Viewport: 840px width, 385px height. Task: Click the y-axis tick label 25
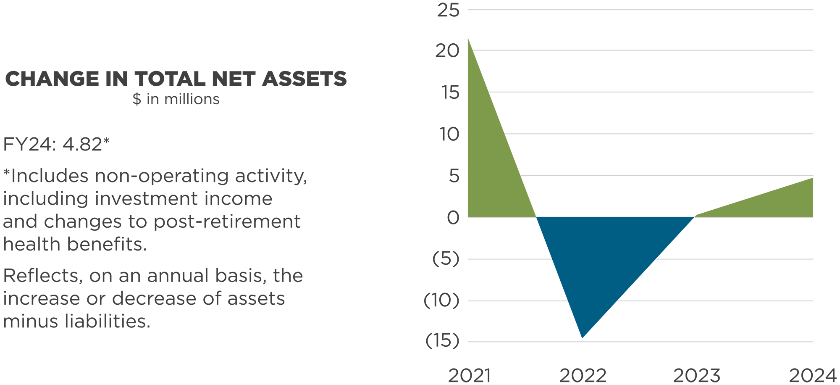point(448,11)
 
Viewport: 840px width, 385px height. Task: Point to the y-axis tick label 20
point(447,51)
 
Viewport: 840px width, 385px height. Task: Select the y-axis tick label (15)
point(442,341)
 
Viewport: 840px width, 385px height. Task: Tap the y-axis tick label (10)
point(441,301)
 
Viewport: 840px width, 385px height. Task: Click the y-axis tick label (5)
point(446,259)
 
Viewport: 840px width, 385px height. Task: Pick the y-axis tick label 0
point(453,218)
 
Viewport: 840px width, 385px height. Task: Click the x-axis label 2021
point(469,375)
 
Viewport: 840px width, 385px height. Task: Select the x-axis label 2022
point(583,375)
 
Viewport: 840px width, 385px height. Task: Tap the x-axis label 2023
point(697,375)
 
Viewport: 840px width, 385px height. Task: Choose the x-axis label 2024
point(813,375)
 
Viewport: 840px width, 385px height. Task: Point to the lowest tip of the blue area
point(582,337)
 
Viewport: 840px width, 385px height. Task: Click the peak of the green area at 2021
point(468,39)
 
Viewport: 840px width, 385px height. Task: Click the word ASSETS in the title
point(304,79)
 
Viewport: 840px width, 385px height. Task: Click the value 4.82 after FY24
point(82,145)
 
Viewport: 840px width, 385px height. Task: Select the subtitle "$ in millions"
point(176,99)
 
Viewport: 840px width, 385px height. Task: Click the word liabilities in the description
point(107,322)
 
